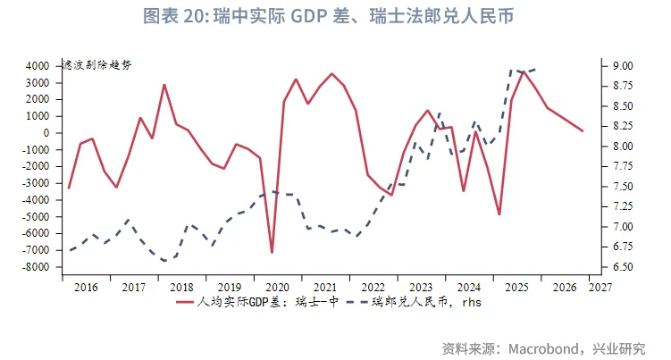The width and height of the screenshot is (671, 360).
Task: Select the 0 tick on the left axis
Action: [44, 133]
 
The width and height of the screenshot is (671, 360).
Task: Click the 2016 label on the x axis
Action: [87, 288]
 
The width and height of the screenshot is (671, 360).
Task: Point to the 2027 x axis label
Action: [600, 288]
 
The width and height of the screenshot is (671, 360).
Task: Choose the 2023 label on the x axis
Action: [421, 288]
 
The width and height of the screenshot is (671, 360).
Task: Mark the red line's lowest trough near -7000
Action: [272, 253]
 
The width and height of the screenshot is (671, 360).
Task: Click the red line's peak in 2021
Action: [331, 74]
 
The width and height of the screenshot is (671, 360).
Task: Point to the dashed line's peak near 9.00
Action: [512, 70]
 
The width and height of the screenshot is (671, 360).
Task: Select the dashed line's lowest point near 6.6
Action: [164, 261]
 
